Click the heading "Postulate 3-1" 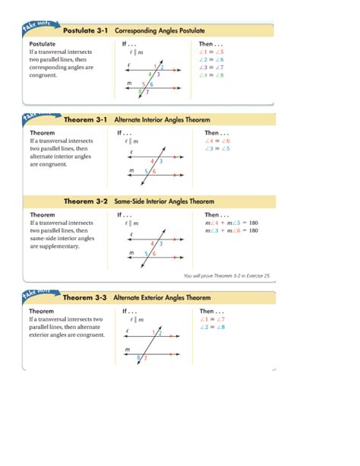click(85, 32)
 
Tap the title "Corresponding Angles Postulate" click(159, 32)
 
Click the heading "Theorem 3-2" click(85, 202)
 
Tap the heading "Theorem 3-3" click(85, 299)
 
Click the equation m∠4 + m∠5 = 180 click(231, 223)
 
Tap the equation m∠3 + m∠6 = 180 click(231, 230)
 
